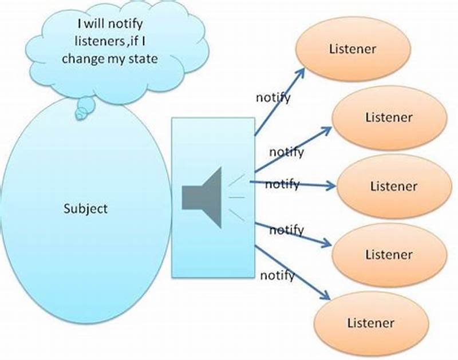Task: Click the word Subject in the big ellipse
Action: pos(85,208)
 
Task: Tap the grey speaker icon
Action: pos(202,197)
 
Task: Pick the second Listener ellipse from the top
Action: pos(389,118)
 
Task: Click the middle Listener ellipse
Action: pos(393,187)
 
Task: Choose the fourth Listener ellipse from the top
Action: pos(389,254)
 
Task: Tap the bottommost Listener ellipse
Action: pos(371,323)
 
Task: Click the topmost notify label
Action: pos(273,97)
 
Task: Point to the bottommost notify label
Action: pos(278,275)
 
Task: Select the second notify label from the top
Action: pos(286,152)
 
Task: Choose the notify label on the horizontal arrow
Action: pos(282,184)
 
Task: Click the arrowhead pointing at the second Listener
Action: pos(327,129)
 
